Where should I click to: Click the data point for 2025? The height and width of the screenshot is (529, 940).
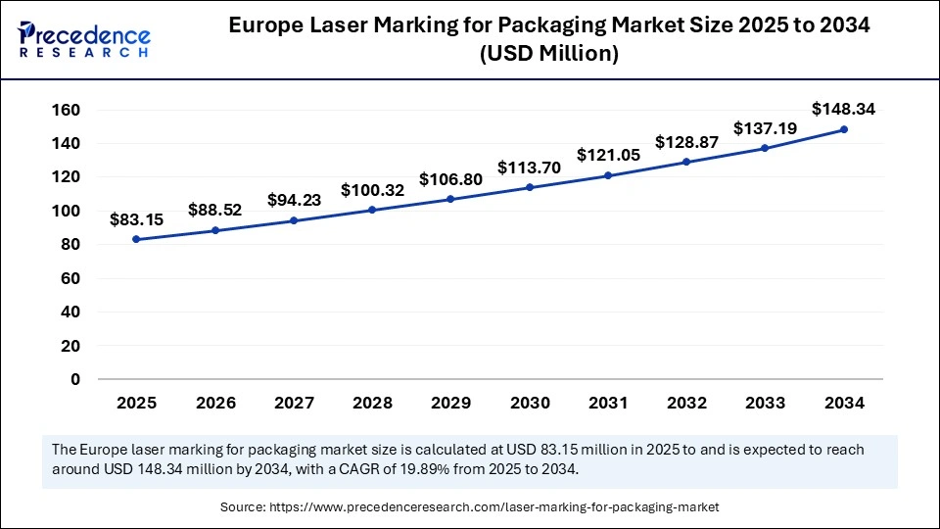pyautogui.click(x=136, y=239)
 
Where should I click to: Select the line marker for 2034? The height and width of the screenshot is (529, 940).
pyautogui.click(x=843, y=129)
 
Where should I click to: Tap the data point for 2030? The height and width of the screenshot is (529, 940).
pyautogui.click(x=529, y=187)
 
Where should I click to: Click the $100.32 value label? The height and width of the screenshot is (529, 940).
pyautogui.click(x=372, y=189)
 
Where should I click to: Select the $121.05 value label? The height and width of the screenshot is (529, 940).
pyautogui.click(x=608, y=155)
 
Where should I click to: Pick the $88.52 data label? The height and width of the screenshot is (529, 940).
pyautogui.click(x=215, y=209)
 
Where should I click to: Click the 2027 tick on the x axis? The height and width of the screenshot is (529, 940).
pyautogui.click(x=294, y=403)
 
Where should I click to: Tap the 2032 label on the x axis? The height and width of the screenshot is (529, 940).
pyautogui.click(x=686, y=403)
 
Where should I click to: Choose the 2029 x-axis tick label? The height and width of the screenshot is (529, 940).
pyautogui.click(x=450, y=403)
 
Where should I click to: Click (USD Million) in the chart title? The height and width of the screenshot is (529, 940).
pyautogui.click(x=549, y=55)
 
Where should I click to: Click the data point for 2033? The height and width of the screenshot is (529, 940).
pyautogui.click(x=765, y=148)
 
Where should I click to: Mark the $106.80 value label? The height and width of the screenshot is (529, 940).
pyautogui.click(x=450, y=180)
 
